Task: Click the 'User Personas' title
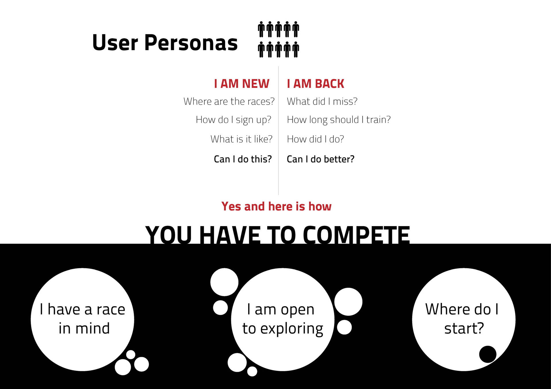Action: click(165, 42)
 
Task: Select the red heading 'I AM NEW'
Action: click(242, 84)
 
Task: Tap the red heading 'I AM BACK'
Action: click(315, 84)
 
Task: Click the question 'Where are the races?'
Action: click(229, 101)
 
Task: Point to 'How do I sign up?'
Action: click(233, 120)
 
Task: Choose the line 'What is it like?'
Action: click(241, 139)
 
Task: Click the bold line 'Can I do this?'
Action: click(243, 159)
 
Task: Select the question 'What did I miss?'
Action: click(322, 101)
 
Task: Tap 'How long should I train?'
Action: click(339, 120)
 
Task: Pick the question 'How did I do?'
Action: click(315, 139)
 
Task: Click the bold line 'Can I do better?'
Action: click(321, 159)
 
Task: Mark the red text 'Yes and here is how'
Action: click(276, 206)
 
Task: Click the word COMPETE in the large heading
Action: click(356, 235)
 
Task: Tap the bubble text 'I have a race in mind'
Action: click(83, 319)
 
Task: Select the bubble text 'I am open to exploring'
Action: click(283, 319)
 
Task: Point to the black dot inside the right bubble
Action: click(488, 354)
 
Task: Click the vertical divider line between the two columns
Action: click(278, 131)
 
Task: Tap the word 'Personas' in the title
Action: click(191, 42)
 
